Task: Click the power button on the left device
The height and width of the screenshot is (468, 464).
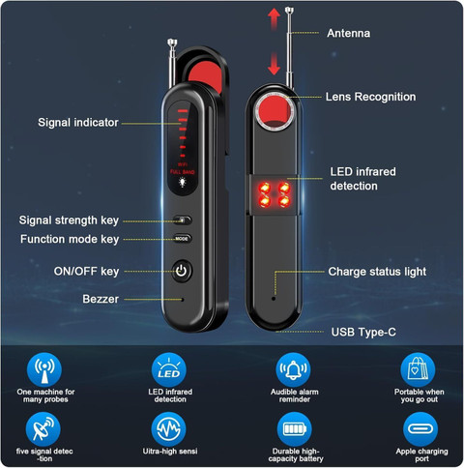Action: coord(182,271)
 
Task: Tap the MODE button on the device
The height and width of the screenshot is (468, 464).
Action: coord(182,239)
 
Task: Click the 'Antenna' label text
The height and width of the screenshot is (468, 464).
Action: coord(348,33)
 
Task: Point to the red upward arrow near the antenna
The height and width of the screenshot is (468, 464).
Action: coord(274,18)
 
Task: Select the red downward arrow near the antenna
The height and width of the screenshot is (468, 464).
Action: coord(274,64)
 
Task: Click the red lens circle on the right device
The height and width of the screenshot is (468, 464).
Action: coord(275,110)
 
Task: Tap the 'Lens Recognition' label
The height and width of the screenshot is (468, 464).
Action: coord(370,97)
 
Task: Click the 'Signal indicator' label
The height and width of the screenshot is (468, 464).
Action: coord(78,123)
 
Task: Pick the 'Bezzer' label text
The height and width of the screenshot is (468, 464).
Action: coord(101,299)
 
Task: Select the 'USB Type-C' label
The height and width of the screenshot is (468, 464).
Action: coord(363,332)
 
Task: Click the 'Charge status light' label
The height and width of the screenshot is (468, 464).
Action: coord(377,272)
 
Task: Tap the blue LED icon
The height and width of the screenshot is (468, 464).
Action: coord(169,369)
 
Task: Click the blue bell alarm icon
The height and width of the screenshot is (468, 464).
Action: coord(293,369)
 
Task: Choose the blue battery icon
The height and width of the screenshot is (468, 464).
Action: coord(294,429)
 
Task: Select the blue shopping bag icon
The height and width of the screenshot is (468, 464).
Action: coord(418,369)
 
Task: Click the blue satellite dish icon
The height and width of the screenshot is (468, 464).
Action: coord(43,429)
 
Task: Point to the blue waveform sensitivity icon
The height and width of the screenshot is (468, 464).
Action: coord(168,429)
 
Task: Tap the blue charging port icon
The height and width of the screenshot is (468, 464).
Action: coord(420,429)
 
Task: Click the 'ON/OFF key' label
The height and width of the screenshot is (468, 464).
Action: coord(86,272)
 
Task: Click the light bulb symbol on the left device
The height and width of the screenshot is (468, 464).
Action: coord(183,183)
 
